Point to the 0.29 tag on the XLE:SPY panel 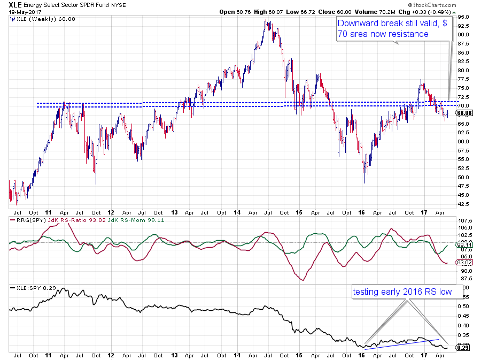[x=462, y=348]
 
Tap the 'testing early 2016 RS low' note [x=402, y=292]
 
